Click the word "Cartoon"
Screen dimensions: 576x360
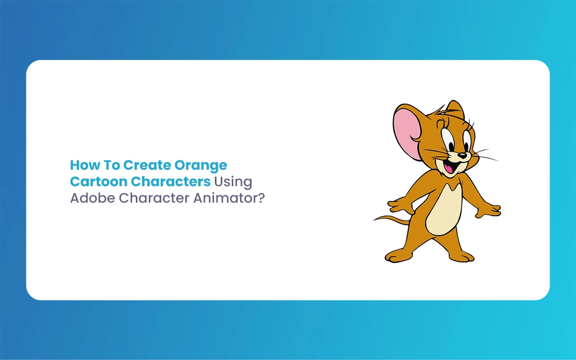[99, 181]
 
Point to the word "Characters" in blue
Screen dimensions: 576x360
[171, 181]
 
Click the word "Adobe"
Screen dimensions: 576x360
[93, 198]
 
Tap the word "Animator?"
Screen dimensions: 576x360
[229, 198]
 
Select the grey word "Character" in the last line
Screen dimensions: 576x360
[154, 198]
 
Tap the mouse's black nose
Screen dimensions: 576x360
[462, 156]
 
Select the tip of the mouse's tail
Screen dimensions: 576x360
[374, 220]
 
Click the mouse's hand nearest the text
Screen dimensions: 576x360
[400, 206]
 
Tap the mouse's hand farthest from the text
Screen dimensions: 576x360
[489, 210]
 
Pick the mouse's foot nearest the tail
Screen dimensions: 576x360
[397, 256]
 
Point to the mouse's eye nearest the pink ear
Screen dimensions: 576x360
[448, 140]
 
